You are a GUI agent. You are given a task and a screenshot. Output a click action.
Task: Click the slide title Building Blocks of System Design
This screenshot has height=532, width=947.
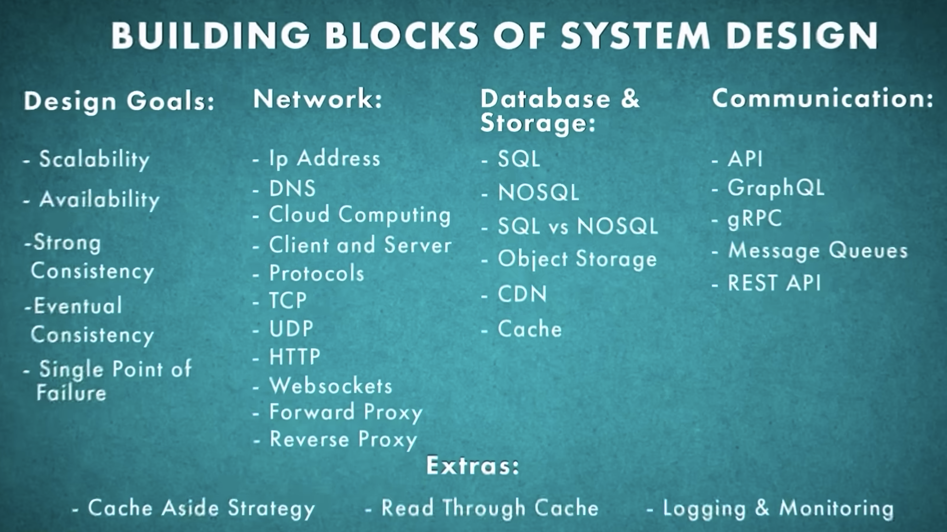(x=495, y=35)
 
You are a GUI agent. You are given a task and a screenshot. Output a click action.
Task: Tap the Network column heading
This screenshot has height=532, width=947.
(x=318, y=99)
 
